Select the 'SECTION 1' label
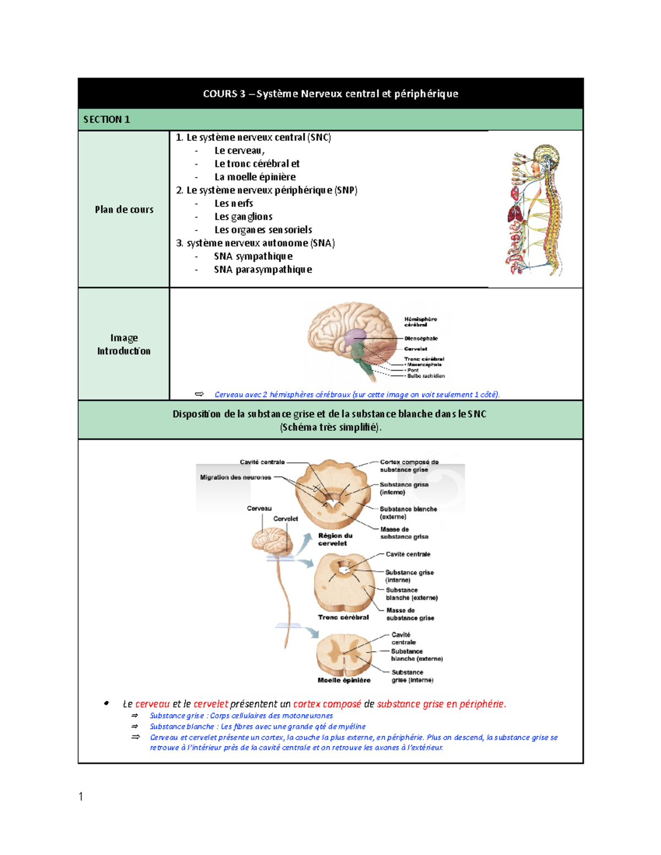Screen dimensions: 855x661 pos(106,119)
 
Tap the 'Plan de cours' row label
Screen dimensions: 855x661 pos(124,210)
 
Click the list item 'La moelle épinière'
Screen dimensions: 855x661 pos(254,177)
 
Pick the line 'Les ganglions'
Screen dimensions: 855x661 pos(243,216)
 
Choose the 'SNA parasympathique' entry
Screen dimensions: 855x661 pos(263,269)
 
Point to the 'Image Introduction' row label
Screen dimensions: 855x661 pos(124,344)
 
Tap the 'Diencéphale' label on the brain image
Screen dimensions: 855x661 pos(421,339)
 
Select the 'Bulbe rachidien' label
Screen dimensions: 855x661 pos(426,376)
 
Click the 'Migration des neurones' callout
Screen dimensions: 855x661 pos(235,477)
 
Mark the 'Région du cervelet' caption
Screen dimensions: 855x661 pos(335,539)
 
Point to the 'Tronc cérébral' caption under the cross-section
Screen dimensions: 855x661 pos(343,617)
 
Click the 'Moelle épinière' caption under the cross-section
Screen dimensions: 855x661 pos(344,680)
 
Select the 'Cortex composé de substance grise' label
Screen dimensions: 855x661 pos(409,466)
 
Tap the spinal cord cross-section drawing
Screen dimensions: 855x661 pos(344,654)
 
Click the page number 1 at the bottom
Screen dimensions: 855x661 pos(81,796)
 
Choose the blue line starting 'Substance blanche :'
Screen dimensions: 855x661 pos(257,726)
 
